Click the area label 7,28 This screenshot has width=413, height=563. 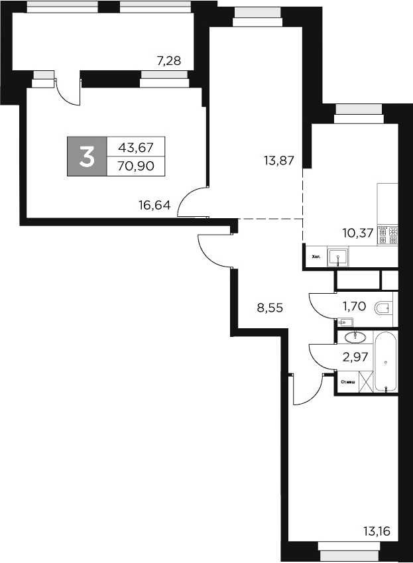pos(167,62)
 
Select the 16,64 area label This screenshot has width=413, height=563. pos(155,205)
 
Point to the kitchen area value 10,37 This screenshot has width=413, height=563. pos(357,233)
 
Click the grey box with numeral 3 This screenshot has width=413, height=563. pos(86,156)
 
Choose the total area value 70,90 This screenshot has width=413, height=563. pos(135,166)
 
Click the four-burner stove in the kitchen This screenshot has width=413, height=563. pos(387,235)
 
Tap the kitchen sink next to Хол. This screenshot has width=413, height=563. pos(339,255)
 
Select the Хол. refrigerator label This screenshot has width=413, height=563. pos(316,256)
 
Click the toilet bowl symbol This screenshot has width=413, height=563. pos(384,308)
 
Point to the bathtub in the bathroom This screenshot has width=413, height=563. pos(386,362)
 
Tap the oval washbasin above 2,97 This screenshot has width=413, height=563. pos(351,337)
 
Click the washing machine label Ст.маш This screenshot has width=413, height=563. pos(347,383)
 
